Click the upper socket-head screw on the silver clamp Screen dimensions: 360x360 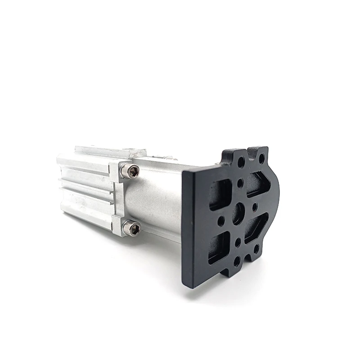tap(131, 171)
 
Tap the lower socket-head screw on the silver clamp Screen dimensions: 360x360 tap(132, 228)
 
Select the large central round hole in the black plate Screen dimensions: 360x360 tap(238, 214)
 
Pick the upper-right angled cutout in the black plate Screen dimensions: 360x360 tap(258, 184)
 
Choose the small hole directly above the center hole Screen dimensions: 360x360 tap(240, 183)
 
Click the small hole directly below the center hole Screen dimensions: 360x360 tap(238, 242)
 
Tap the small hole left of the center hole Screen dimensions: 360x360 tap(221, 221)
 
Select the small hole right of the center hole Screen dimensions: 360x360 tap(255, 207)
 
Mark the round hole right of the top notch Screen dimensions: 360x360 tap(261, 158)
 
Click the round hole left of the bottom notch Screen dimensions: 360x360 tap(237, 261)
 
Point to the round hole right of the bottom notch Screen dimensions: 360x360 tap(256, 249)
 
